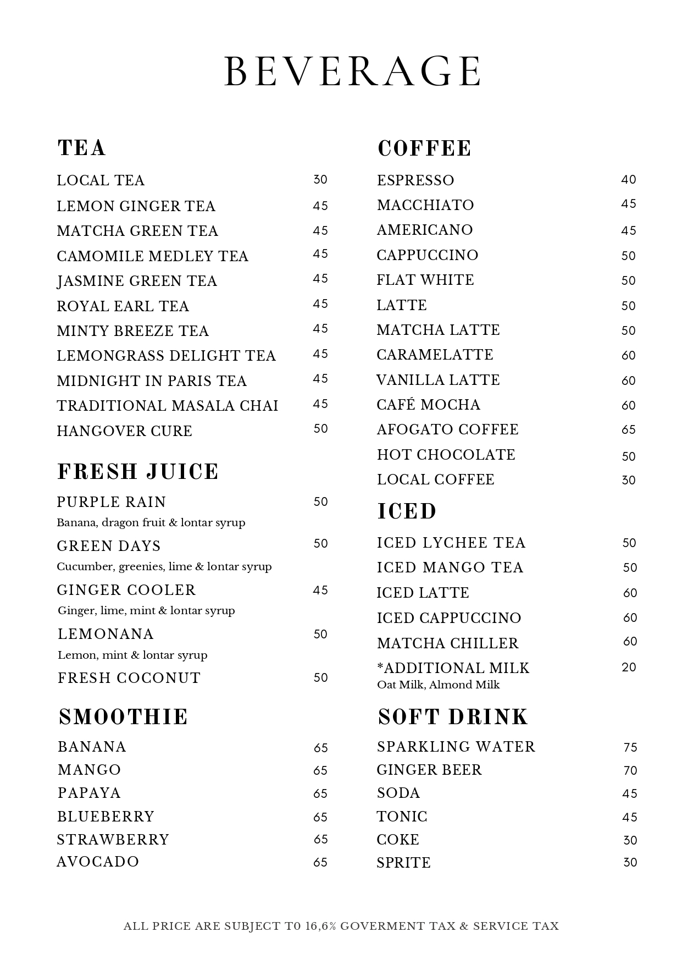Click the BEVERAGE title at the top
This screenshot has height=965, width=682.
[353, 71]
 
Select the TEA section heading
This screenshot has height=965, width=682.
[82, 148]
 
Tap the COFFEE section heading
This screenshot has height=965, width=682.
[424, 148]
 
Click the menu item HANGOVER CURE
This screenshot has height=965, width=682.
[125, 431]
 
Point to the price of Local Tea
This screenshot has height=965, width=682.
[320, 180]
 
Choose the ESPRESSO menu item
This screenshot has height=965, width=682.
[415, 180]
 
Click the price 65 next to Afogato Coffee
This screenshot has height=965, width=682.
[629, 430]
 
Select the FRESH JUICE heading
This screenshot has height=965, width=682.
[138, 472]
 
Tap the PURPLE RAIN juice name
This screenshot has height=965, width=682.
[112, 502]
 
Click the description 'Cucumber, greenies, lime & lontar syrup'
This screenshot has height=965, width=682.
[164, 567]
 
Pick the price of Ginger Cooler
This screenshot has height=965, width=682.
[320, 591]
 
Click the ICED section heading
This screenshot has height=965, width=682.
[407, 511]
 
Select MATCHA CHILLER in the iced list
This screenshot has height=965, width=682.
[448, 643]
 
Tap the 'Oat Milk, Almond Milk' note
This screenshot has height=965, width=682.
[439, 685]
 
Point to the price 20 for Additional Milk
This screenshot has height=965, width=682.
[629, 668]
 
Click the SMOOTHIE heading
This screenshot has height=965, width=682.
[124, 717]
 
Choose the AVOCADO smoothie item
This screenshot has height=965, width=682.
[98, 862]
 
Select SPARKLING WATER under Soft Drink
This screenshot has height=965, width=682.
[456, 747]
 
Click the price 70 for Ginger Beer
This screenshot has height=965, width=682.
[630, 771]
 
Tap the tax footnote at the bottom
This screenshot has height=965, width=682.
[341, 927]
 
